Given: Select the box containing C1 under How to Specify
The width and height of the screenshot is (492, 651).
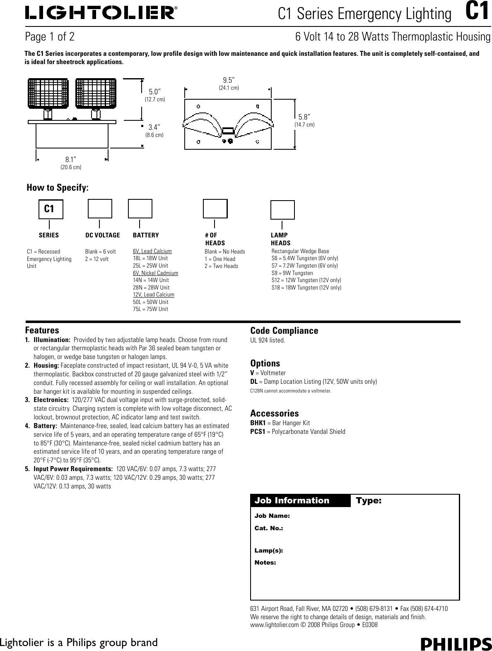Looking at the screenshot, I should point(51,209).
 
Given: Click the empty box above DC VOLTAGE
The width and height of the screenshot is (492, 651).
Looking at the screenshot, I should point(100,208).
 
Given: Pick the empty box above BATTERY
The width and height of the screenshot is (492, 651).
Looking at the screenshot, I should point(140,208).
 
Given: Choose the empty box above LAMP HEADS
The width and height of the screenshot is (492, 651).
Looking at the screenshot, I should point(282,210).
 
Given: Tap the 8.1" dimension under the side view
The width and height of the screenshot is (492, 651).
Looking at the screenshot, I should point(71,160).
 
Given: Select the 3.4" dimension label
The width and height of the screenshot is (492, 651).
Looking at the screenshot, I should point(154,127).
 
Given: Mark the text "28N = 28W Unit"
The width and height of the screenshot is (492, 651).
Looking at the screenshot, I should point(151,287).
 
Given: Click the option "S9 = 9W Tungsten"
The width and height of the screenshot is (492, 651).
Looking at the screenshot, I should point(292,273).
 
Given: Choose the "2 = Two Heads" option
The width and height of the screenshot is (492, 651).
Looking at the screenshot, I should point(221,266).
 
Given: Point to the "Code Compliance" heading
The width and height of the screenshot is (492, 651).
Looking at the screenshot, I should point(284,330).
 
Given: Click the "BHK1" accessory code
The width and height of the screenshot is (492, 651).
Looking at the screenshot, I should point(258,423).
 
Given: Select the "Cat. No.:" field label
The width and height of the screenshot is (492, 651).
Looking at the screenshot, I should point(268,528).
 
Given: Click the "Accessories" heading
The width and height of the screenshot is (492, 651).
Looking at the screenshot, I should point(274,413).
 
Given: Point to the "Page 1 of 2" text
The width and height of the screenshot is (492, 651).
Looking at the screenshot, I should point(50,37).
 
